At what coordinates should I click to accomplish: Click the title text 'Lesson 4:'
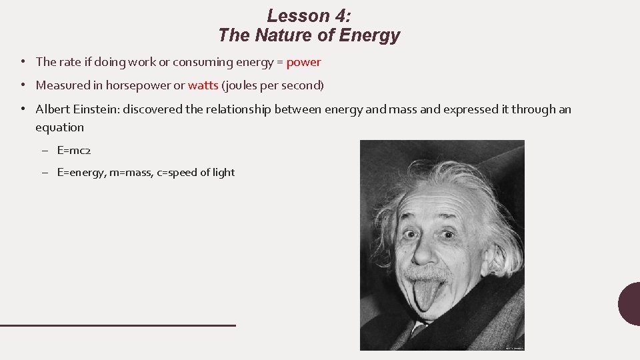click(x=309, y=15)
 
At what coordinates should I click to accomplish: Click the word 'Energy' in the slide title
click(x=369, y=35)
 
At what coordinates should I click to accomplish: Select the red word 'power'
click(x=303, y=62)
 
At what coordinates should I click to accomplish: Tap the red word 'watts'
click(x=203, y=85)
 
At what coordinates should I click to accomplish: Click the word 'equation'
click(x=60, y=127)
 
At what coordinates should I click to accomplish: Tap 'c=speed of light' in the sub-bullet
click(x=196, y=173)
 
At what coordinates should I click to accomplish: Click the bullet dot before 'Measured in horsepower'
click(x=23, y=85)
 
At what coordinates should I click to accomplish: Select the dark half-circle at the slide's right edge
click(x=629, y=304)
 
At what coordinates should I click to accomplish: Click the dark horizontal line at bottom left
click(x=117, y=325)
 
